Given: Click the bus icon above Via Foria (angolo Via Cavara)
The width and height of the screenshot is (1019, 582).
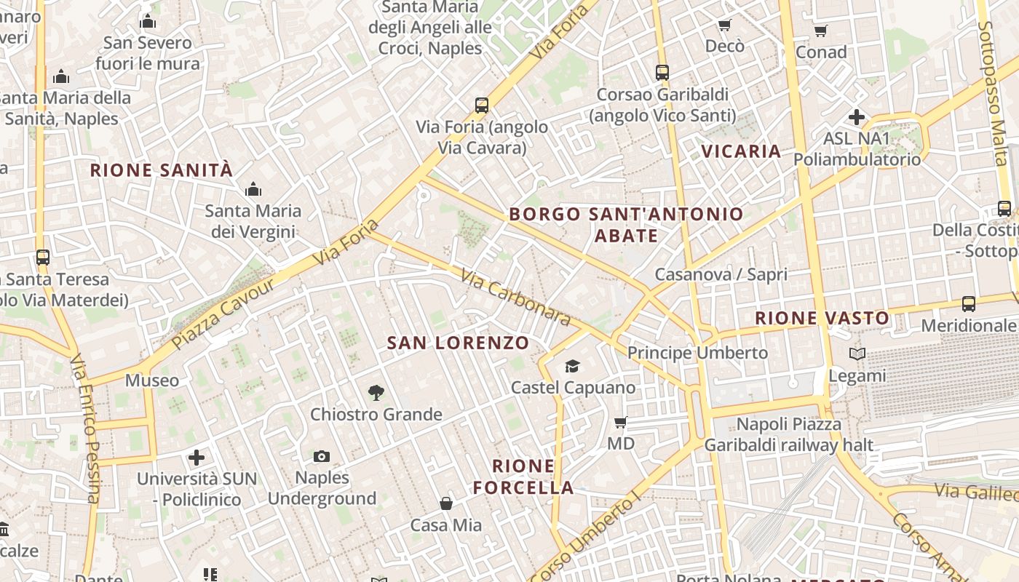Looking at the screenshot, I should pos(481,105).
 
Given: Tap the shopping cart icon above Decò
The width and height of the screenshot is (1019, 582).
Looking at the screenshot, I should pos(724,25).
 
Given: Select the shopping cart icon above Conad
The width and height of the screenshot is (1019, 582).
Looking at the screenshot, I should pos(820,31).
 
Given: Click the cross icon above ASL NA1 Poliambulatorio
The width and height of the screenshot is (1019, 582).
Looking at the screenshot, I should pos(857,116).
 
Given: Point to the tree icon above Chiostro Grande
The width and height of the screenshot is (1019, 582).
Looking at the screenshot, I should pos(376,393).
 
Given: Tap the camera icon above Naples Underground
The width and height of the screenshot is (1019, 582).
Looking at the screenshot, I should pos(321,456).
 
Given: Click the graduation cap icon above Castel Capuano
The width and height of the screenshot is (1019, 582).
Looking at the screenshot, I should pos(572,366).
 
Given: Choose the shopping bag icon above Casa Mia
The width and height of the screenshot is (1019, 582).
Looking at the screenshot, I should pos(445,503).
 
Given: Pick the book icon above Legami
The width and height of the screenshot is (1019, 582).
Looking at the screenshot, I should pos(857,354).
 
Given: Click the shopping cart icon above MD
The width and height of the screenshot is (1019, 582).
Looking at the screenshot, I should pos(620,422).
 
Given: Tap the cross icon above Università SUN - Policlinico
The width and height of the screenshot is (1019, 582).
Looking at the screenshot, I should pos(197,458).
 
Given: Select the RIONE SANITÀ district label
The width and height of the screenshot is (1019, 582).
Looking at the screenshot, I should pos(161,170).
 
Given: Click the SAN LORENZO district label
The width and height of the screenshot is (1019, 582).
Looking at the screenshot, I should pos(458,343).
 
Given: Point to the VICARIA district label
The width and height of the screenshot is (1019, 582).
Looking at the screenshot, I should pos(741,151).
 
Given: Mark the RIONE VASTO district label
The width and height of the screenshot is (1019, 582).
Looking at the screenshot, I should pos(822,318).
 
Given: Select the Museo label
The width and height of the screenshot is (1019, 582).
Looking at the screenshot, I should pos(152,380).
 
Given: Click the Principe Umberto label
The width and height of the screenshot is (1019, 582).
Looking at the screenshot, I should pos(697,353).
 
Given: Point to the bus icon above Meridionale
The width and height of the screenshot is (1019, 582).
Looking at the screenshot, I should pos(968,304).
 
